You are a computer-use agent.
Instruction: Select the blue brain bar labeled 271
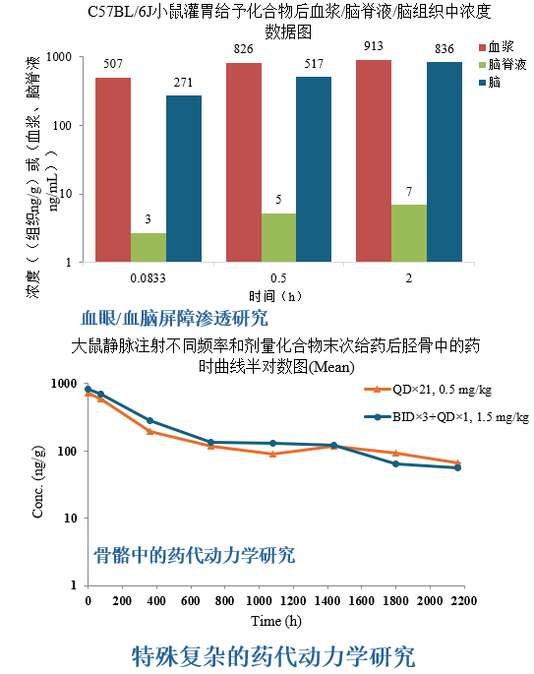[184, 178]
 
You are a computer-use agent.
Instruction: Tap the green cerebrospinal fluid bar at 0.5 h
[278, 237]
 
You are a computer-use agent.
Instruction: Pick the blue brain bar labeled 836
[445, 161]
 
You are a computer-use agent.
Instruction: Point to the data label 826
[244, 49]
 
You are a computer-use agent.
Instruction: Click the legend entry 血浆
[496, 46]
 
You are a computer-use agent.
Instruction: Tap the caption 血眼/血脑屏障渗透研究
[174, 318]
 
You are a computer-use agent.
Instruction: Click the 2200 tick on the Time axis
[463, 601]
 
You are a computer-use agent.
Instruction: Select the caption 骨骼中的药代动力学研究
[195, 555]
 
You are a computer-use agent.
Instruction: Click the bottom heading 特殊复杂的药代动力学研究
[273, 654]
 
